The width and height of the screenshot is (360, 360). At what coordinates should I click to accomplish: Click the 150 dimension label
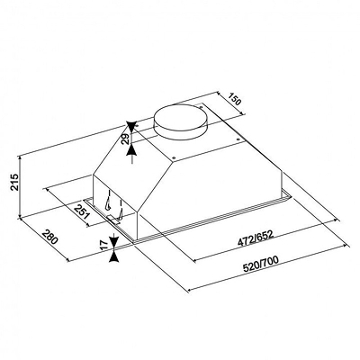(235, 99)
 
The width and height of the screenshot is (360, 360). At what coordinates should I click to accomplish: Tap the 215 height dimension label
(14, 182)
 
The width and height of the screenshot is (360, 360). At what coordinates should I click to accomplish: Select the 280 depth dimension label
(49, 236)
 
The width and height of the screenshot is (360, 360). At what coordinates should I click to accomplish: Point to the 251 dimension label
(82, 211)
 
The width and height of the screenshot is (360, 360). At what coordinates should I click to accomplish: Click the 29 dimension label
(125, 139)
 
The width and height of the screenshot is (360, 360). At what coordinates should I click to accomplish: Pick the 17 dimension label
(103, 245)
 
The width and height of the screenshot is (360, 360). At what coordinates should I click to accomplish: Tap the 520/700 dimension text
(260, 263)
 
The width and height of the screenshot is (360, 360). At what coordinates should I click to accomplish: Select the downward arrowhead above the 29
(131, 126)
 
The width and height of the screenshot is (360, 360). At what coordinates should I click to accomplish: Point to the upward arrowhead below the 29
(132, 150)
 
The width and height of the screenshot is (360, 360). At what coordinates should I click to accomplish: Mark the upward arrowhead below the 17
(114, 256)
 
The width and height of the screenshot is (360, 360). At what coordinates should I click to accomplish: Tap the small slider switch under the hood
(113, 220)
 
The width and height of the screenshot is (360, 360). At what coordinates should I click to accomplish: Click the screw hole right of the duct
(201, 105)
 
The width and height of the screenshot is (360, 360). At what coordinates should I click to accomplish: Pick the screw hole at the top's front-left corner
(174, 157)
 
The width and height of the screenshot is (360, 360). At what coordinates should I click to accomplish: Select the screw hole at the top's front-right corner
(238, 139)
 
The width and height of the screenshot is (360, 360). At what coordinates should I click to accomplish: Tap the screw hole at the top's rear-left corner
(137, 127)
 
